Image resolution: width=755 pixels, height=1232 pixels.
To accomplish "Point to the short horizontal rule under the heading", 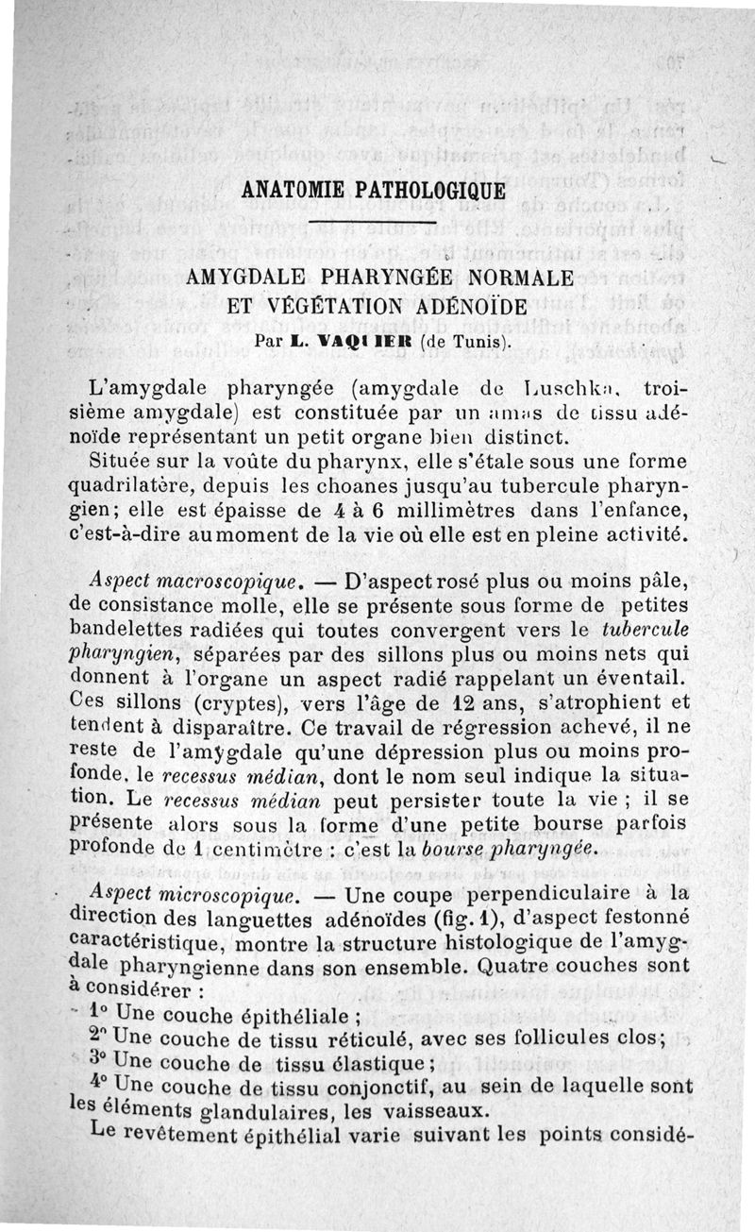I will pyautogui.click(x=374, y=224).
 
